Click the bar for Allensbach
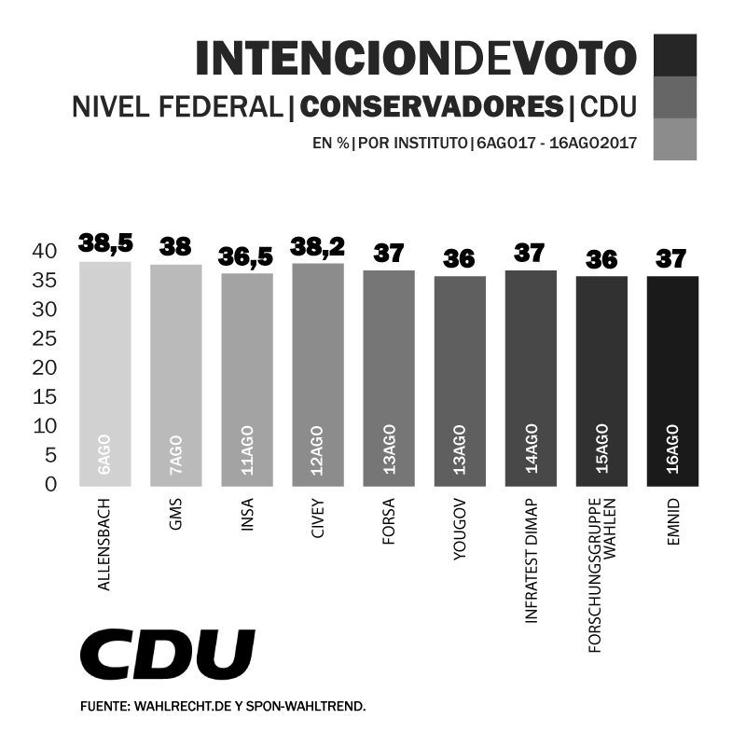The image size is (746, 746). [x=104, y=373]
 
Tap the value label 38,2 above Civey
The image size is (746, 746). [x=317, y=247]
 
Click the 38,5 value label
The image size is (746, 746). [x=105, y=243]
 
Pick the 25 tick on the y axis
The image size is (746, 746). [x=45, y=338]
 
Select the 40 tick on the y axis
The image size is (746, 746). [x=45, y=251]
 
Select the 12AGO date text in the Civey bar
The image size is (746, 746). [x=318, y=449]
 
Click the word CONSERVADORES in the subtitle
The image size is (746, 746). [x=432, y=108]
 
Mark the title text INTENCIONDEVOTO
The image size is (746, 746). [x=416, y=59]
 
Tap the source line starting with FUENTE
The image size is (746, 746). [x=223, y=708]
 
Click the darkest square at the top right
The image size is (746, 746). [x=675, y=55]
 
